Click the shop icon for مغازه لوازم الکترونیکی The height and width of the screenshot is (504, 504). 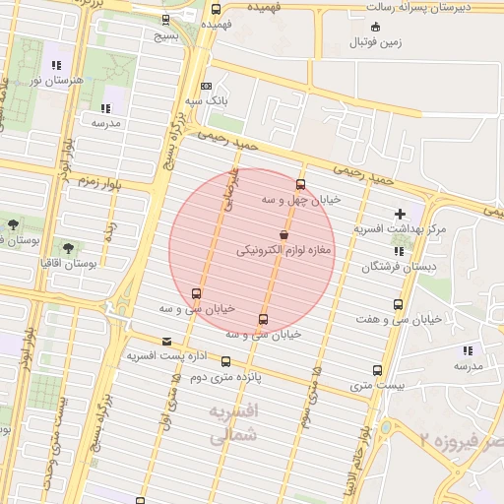284,235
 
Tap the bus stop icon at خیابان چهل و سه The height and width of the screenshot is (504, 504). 300,184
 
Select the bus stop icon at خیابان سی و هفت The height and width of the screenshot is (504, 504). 398,304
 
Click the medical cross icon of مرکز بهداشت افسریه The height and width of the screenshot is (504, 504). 400,214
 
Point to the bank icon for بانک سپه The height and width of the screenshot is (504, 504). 206,86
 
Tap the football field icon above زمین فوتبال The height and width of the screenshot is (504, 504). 375,27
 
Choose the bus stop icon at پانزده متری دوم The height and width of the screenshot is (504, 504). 226,361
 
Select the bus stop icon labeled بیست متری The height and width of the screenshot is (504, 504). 378,370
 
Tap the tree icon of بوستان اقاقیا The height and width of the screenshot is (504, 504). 67,248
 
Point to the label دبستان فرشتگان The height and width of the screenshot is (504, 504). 398,266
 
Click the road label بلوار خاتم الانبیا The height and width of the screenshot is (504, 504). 368,458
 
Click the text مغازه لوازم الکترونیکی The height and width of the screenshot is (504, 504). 285,251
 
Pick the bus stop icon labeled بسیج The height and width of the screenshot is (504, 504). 164,19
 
